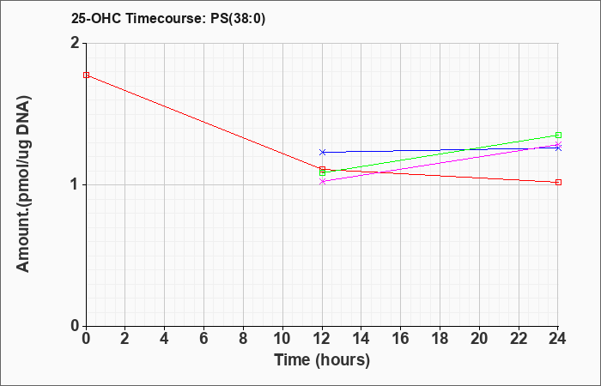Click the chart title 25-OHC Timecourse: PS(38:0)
(168, 18)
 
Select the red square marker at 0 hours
(87, 75)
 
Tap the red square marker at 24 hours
(558, 182)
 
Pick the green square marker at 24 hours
(558, 135)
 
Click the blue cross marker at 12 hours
(322, 153)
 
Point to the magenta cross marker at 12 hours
(322, 182)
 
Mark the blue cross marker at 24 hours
(558, 148)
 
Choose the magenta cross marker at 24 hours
(558, 145)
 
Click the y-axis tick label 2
(76, 43)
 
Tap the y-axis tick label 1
(76, 185)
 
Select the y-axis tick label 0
(76, 326)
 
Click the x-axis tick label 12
(322, 339)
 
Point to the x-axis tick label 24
(557, 339)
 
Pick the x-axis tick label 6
(204, 339)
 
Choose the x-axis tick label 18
(440, 339)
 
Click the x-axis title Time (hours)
(322, 360)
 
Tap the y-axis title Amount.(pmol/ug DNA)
(23, 184)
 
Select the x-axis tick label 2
(125, 339)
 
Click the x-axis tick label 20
(479, 339)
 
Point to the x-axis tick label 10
(282, 339)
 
